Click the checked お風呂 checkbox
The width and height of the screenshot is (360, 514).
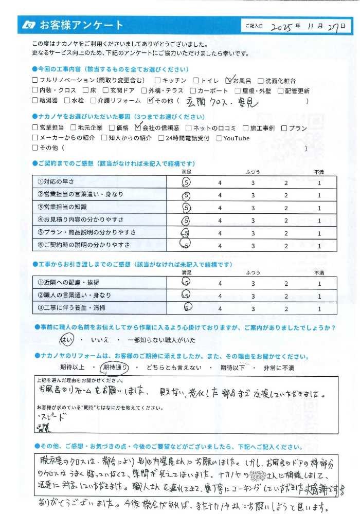coord(230,80)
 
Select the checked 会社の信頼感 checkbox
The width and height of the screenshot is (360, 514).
coord(137,127)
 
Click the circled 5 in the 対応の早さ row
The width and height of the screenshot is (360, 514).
coord(186,182)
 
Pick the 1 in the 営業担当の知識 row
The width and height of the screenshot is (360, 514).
coord(319,208)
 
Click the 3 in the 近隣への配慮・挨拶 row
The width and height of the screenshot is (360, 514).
coord(253,283)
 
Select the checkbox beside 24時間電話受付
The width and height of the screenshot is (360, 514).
coord(161,138)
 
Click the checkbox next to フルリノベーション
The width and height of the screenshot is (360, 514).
coord(35,81)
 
